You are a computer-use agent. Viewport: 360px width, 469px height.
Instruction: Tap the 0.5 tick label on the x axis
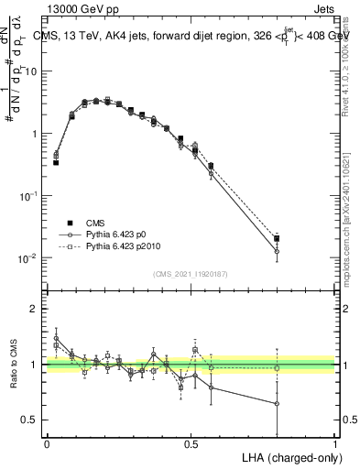click(x=191, y=442)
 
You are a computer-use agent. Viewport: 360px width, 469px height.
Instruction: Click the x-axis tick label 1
click(x=334, y=442)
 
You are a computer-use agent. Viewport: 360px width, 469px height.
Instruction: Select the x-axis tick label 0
click(x=47, y=442)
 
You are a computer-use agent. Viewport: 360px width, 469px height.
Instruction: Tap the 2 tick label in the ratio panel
click(x=33, y=309)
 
